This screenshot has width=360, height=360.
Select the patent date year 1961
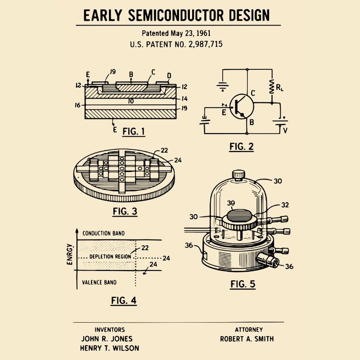pyautogui.click(x=202, y=33)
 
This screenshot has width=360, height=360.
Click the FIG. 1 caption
pyautogui.click(x=134, y=131)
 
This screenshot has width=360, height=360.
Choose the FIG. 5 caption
pyautogui.click(x=243, y=284)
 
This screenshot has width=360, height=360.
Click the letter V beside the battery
pyautogui.click(x=284, y=130)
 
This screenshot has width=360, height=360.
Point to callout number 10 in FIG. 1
pyautogui.click(x=130, y=102)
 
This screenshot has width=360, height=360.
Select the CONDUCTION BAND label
pyautogui.click(x=103, y=233)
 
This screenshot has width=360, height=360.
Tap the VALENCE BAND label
pyautogui.click(x=99, y=283)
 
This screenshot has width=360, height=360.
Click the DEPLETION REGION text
pyautogui.click(x=110, y=256)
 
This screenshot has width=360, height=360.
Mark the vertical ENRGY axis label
pyautogui.click(x=70, y=254)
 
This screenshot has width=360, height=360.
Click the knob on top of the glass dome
pyautogui.click(x=238, y=174)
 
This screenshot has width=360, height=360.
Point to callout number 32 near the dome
pyautogui.click(x=284, y=204)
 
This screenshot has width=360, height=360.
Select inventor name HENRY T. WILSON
pyautogui.click(x=109, y=348)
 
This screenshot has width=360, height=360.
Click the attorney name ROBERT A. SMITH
pyautogui.click(x=247, y=339)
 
